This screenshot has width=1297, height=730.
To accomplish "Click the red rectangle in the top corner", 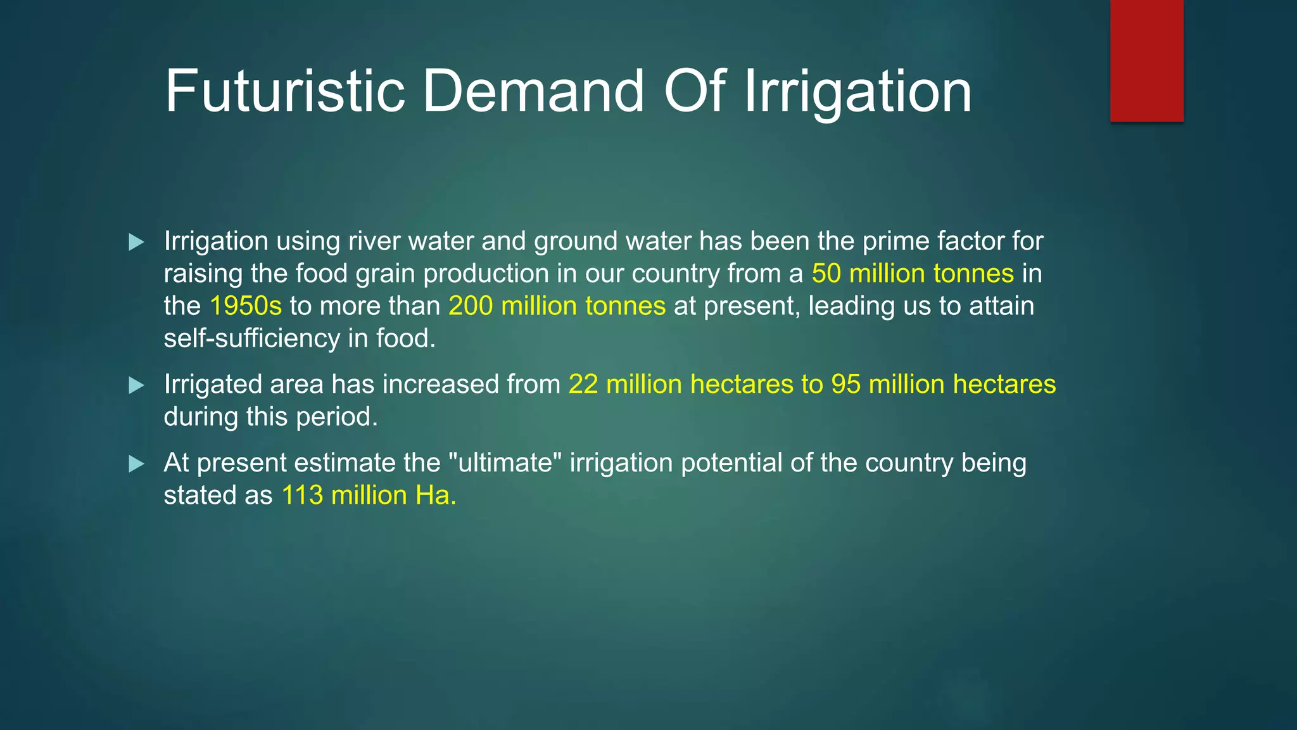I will coord(1146,61).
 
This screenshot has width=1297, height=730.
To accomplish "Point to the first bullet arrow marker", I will coord(136,242).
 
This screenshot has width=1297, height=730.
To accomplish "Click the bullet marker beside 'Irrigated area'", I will coord(136,385).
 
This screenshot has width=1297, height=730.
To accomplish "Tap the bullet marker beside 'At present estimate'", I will coord(136,464).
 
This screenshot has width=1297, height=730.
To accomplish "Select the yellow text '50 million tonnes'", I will coord(913,274).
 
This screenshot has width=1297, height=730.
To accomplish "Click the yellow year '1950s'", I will coord(246,306).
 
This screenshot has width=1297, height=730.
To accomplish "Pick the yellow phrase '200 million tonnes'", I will coord(557,306).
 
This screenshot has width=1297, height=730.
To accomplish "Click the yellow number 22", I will coord(583,385).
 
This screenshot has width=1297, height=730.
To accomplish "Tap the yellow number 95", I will coord(846,385).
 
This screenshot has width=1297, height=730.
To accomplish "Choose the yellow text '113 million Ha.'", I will coord(369,496).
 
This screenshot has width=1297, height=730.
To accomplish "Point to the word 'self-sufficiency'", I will coord(251,338).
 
